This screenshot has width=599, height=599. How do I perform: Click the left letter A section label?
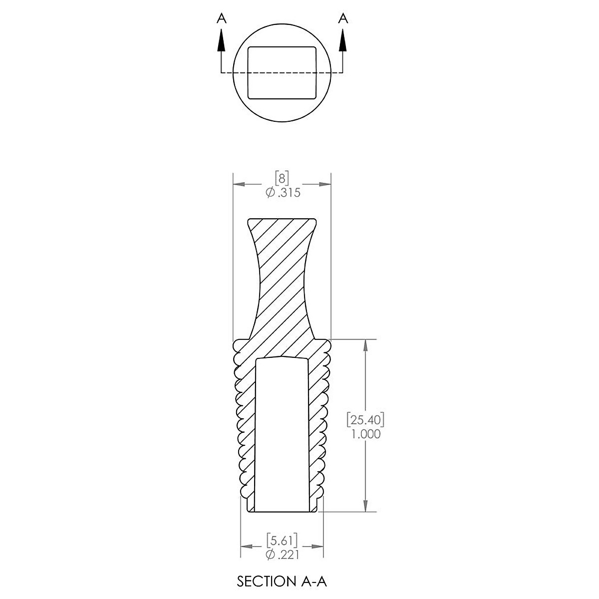click(222, 18)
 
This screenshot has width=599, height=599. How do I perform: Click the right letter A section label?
click(342, 18)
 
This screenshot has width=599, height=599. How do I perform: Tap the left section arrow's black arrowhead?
click(222, 40)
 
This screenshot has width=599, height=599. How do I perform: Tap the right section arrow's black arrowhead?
click(342, 40)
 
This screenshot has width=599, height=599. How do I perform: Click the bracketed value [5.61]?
click(282, 540)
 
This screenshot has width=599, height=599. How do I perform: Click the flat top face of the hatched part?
click(283, 220)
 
